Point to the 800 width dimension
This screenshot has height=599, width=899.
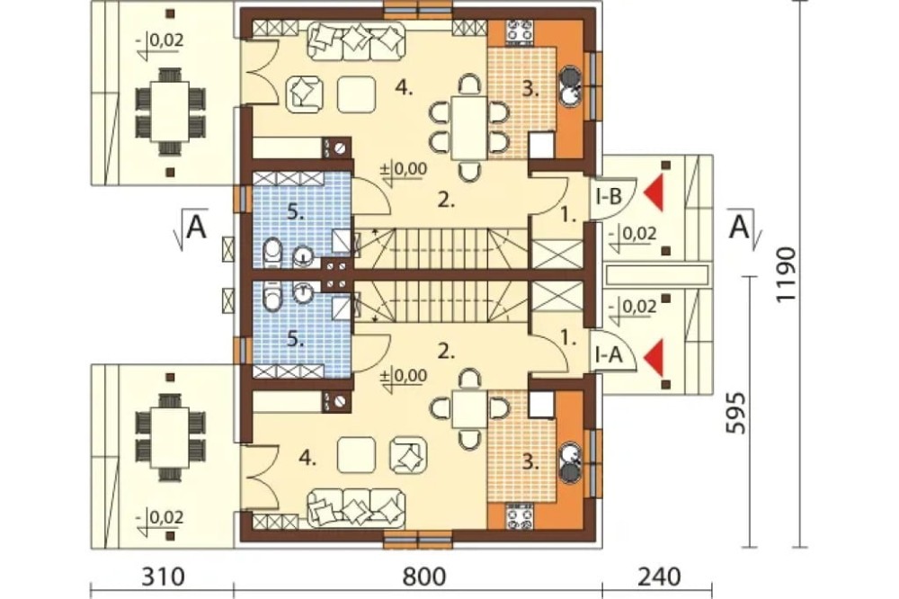click(424, 577)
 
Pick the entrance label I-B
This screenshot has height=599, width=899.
click(609, 197)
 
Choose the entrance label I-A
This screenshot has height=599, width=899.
click(609, 356)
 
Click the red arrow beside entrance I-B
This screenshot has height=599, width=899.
click(654, 194)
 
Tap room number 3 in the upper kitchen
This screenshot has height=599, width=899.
click(530, 90)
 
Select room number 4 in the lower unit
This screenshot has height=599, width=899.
click(307, 459)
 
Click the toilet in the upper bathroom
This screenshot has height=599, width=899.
click(273, 251)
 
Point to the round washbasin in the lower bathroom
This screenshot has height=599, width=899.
click(301, 293)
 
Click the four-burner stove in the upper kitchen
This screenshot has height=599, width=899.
click(519, 31)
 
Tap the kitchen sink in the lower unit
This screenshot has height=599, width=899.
click(571, 462)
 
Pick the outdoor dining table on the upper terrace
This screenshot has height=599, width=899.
click(170, 112)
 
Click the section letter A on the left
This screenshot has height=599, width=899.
click(196, 228)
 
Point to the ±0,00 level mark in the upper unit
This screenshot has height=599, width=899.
click(405, 169)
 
